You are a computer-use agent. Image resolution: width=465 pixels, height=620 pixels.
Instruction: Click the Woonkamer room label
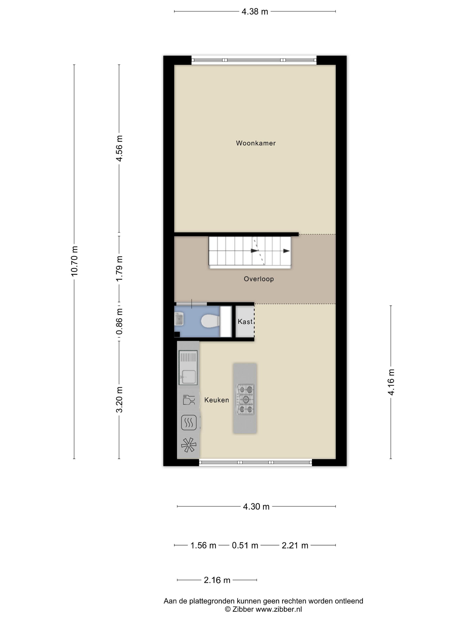coord(256,143)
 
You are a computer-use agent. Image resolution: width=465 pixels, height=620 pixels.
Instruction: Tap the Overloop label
coord(259,279)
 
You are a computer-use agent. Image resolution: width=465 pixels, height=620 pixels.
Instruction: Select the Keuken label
coord(216,400)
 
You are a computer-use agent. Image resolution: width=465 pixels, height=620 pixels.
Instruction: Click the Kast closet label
coord(245,322)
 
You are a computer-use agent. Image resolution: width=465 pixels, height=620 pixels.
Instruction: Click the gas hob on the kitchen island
coord(246,399)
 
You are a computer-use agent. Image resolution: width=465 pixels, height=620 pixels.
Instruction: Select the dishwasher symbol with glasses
coord(189,400)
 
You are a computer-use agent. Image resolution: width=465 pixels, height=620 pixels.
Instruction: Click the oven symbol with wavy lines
coord(189,422)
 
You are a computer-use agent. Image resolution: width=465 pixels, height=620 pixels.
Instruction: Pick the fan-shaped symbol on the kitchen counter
coord(188,445)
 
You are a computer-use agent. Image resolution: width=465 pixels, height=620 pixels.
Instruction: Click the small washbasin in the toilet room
coord(179,319)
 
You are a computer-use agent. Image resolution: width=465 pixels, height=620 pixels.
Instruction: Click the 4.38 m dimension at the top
coord(255,12)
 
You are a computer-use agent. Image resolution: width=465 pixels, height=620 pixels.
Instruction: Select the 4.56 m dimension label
coord(119,148)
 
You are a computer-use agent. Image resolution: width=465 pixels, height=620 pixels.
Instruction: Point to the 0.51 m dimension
coord(245,545)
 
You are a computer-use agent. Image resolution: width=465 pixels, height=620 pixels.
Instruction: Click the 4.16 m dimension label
coord(391,382)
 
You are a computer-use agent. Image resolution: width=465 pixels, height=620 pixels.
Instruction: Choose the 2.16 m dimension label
coord(217,580)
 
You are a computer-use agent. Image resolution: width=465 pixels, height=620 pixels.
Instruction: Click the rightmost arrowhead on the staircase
coord(286,251)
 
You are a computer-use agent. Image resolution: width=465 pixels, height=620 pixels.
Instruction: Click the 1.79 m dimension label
coord(119,269)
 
